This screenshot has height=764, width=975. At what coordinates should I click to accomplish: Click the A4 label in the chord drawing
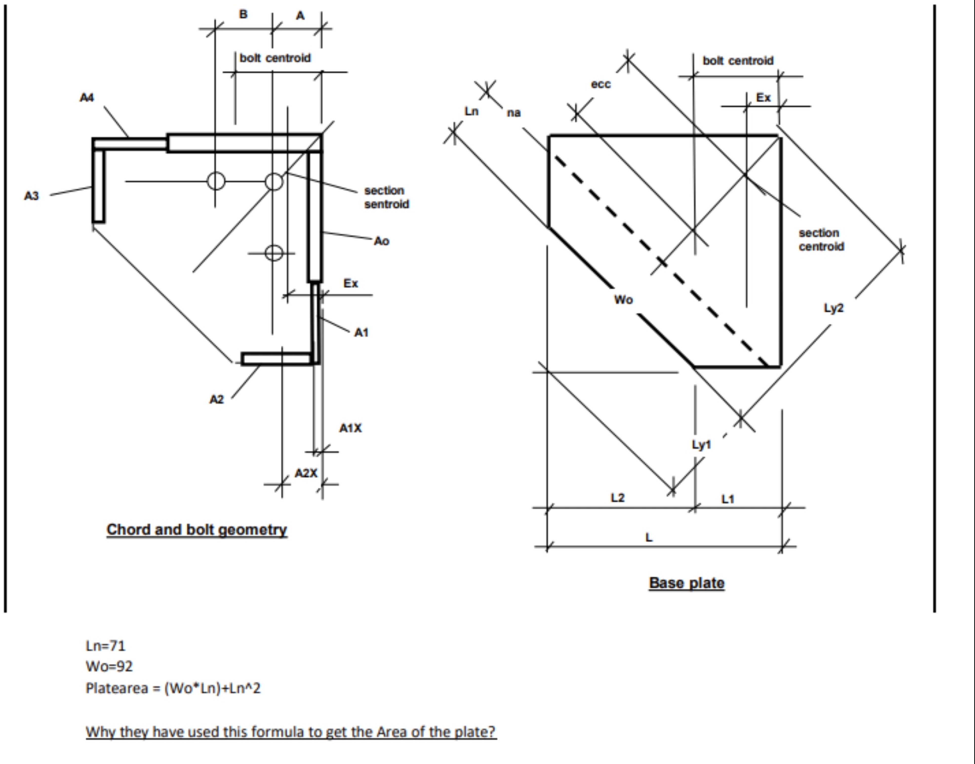click(87, 98)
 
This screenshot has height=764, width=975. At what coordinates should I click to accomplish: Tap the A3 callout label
click(31, 196)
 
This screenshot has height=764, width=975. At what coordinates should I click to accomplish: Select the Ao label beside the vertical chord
click(381, 241)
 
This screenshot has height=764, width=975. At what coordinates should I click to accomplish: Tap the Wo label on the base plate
click(623, 300)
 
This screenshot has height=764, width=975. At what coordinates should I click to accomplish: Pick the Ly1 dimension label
click(701, 445)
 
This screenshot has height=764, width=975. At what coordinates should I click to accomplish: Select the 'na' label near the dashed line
click(514, 113)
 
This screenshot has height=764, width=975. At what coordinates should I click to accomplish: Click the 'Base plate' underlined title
click(686, 583)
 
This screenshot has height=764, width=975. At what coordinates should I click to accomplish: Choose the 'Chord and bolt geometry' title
click(197, 529)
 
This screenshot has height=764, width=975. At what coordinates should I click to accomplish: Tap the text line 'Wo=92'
click(109, 666)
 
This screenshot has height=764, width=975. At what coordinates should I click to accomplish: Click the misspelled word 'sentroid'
click(387, 204)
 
